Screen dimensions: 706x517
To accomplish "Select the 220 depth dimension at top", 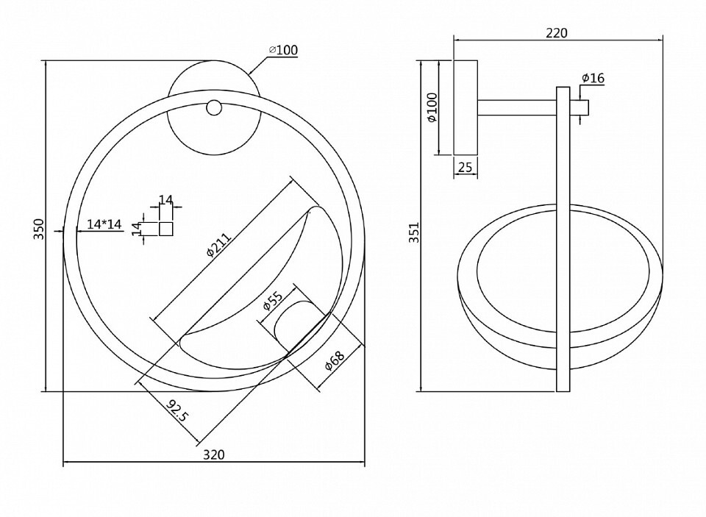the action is (x=557, y=33).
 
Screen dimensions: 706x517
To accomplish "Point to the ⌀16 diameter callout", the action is (x=592, y=77).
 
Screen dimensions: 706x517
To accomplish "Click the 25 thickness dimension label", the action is (x=465, y=168).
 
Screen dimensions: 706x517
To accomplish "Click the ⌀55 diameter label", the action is (x=273, y=303).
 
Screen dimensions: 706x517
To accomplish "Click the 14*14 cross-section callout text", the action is (x=104, y=224).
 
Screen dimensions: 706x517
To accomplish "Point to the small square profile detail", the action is (x=166, y=229).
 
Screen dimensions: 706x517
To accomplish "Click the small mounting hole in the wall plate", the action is (x=213, y=108).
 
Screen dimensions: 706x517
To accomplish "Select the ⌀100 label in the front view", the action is (x=283, y=50).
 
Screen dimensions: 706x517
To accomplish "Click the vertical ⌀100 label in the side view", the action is (x=432, y=107).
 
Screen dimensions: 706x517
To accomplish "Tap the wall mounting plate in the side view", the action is (x=465, y=107).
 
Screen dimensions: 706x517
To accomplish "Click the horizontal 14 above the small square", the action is (x=166, y=201).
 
